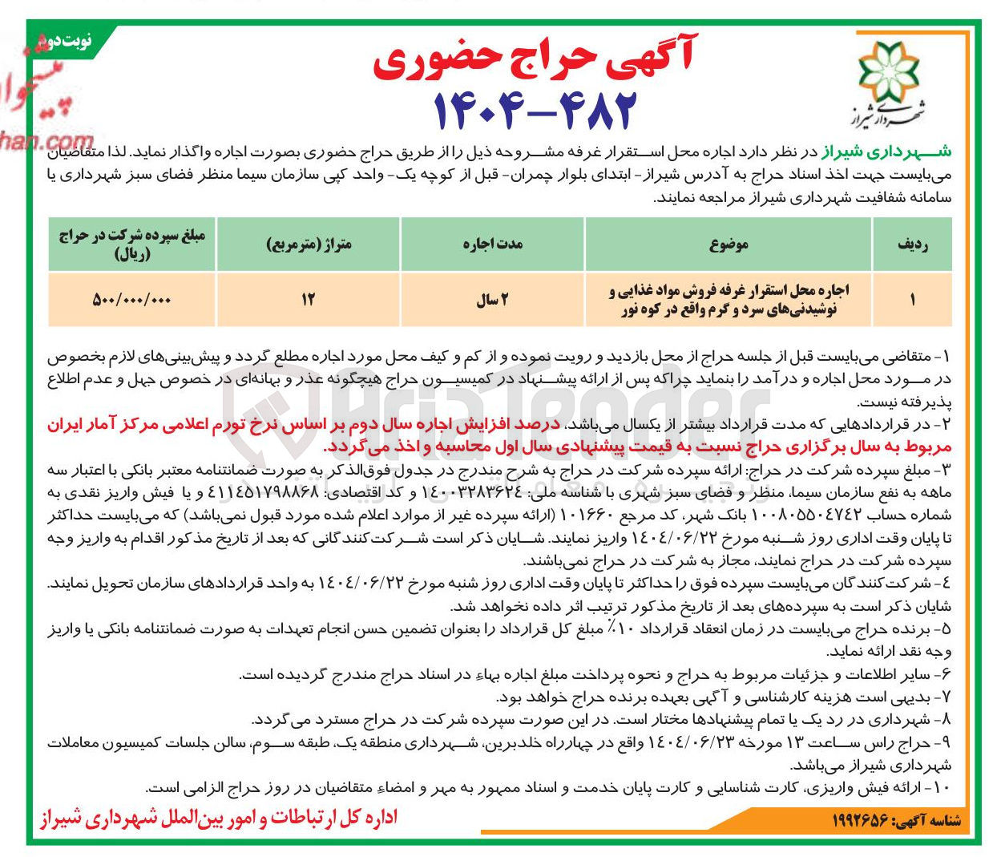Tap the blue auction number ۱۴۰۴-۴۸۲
pos(535,110)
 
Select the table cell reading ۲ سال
pos(492,300)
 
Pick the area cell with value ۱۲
pos(309,300)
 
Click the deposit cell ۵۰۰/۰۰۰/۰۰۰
pos(132,300)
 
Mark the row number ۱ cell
pos(912,300)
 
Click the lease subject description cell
pos(729,300)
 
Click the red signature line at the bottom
pos(218,818)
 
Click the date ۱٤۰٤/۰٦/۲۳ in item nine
pos(693,742)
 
